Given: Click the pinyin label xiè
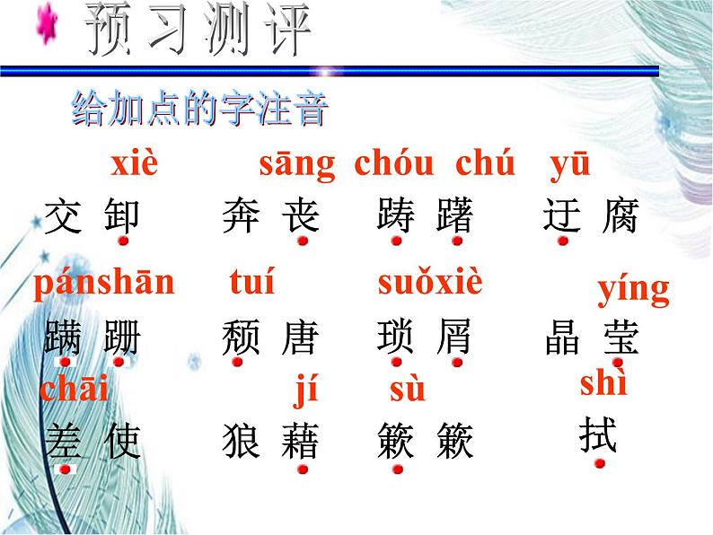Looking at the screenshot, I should (x=134, y=165).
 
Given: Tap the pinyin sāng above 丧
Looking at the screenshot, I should (x=296, y=165).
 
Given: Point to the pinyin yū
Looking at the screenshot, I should (x=569, y=165).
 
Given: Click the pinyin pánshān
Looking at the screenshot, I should (x=103, y=283).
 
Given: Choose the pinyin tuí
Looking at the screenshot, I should (x=251, y=283).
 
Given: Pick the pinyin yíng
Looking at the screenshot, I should (x=633, y=290).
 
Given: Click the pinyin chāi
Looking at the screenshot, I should (x=74, y=390).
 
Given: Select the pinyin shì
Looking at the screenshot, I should (x=603, y=384).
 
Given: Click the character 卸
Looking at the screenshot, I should (x=123, y=216).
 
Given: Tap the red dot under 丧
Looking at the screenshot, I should (x=304, y=241).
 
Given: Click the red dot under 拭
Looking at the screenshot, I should (x=599, y=462).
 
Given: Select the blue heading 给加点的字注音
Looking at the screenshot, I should (x=199, y=110).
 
